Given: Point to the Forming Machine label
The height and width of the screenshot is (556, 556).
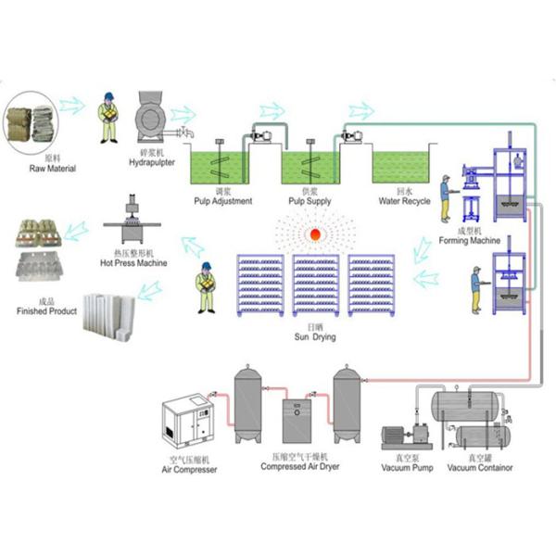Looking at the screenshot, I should [462, 238].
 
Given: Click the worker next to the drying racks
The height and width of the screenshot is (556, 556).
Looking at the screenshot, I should [208, 288].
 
